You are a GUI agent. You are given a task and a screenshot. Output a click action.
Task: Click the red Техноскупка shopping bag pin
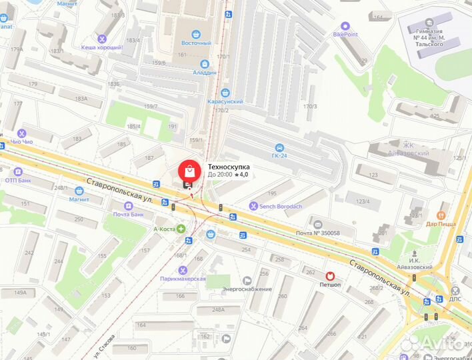(x=189, y=170)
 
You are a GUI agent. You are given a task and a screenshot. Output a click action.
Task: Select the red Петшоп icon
(x=330, y=275)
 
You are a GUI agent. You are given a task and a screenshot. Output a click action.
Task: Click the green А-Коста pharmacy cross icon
(x=181, y=229)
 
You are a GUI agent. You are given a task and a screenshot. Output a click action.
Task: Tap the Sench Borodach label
(x=280, y=207)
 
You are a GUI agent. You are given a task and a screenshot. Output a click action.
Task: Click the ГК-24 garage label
(x=281, y=156)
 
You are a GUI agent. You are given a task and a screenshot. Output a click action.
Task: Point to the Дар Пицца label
(x=441, y=224)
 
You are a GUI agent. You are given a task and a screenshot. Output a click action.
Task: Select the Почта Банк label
(x=129, y=215)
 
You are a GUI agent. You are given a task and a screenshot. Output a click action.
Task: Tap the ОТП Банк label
(x=19, y=180)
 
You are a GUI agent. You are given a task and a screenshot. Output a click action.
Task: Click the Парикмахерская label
(x=183, y=279)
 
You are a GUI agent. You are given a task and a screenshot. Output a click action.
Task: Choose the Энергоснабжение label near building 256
(x=247, y=289)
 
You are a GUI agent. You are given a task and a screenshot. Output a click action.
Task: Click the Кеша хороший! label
(x=101, y=47)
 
